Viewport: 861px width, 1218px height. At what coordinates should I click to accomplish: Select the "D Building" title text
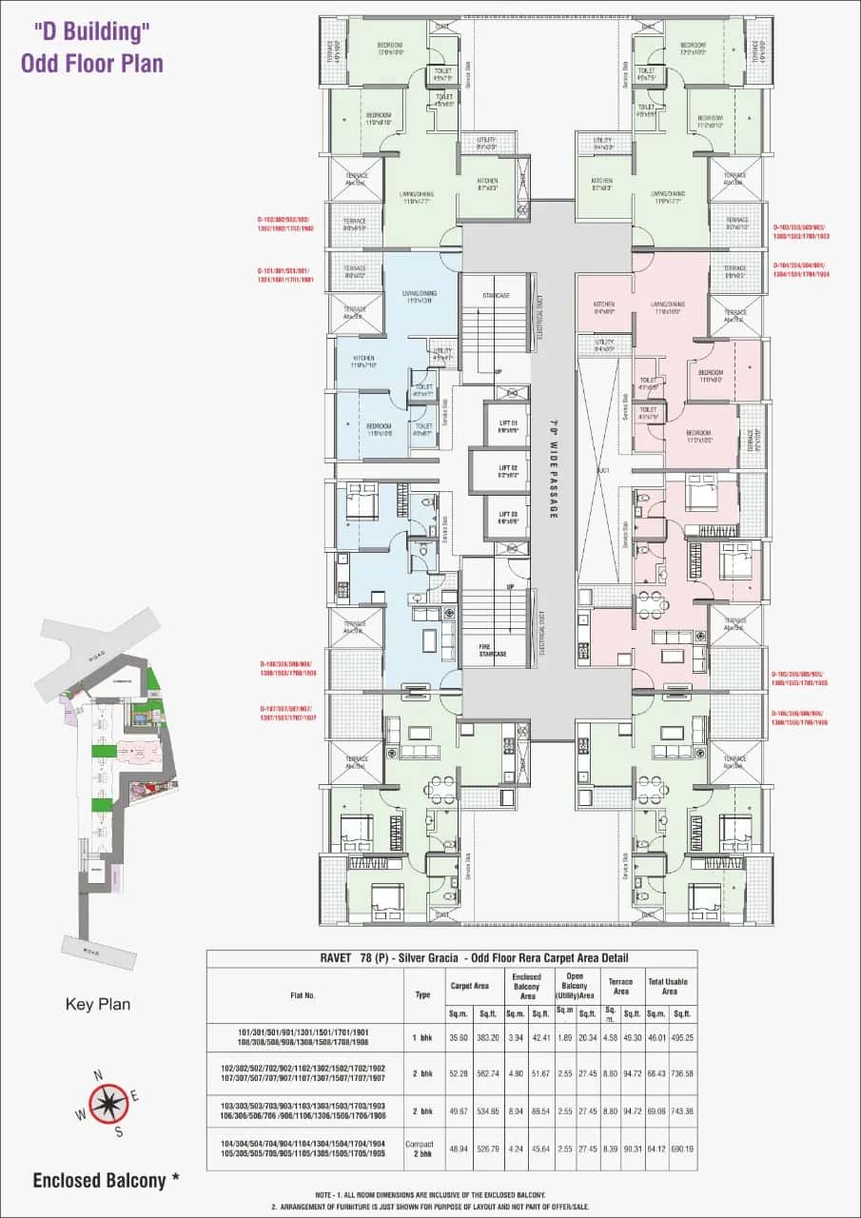92,30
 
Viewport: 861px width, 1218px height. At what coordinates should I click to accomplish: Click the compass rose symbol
110,1103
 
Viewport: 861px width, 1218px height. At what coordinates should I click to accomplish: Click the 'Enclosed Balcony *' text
106,1181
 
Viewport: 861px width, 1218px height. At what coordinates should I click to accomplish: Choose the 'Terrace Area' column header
620,986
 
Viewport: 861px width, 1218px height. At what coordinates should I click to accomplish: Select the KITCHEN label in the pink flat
603,306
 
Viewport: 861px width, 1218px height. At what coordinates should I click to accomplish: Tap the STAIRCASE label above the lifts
496,296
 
